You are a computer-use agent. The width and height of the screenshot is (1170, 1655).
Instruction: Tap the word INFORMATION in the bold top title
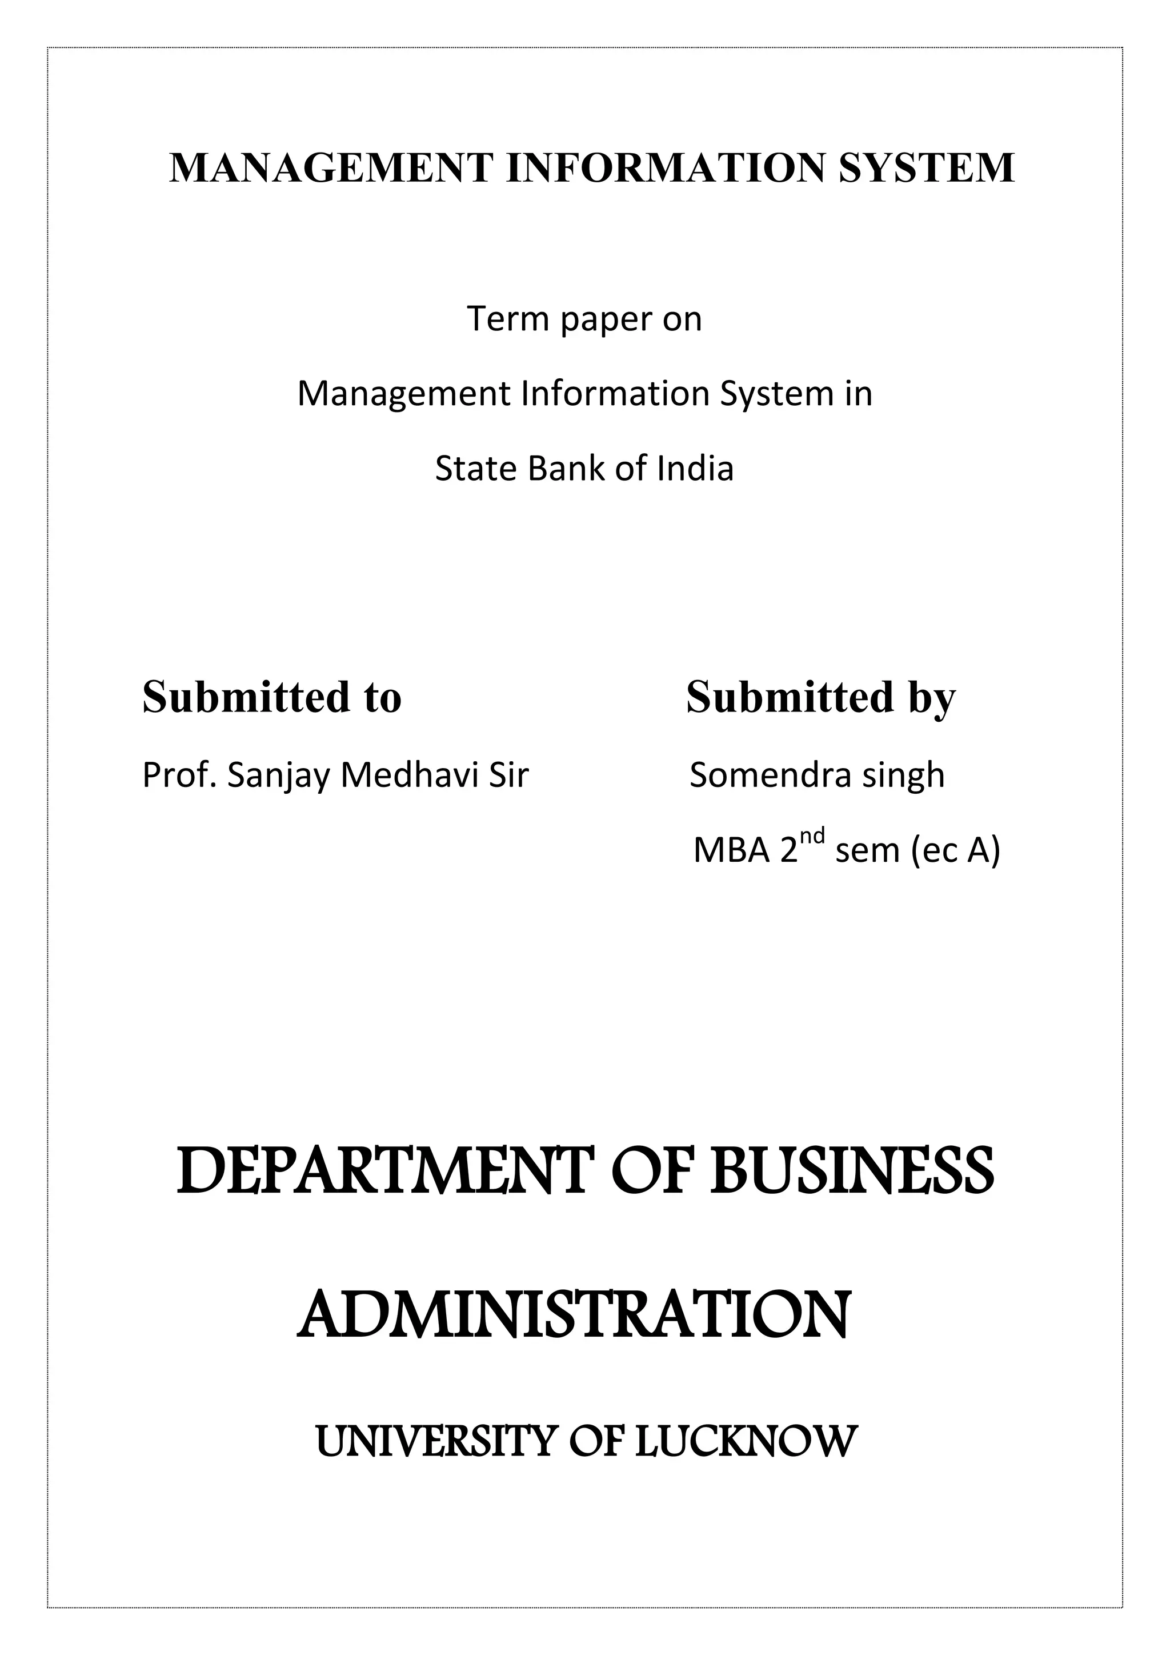pyautogui.click(x=667, y=168)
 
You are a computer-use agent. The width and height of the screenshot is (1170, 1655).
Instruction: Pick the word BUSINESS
pyautogui.click(x=852, y=1172)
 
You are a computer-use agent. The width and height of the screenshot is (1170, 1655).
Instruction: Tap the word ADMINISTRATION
pyautogui.click(x=574, y=1316)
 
